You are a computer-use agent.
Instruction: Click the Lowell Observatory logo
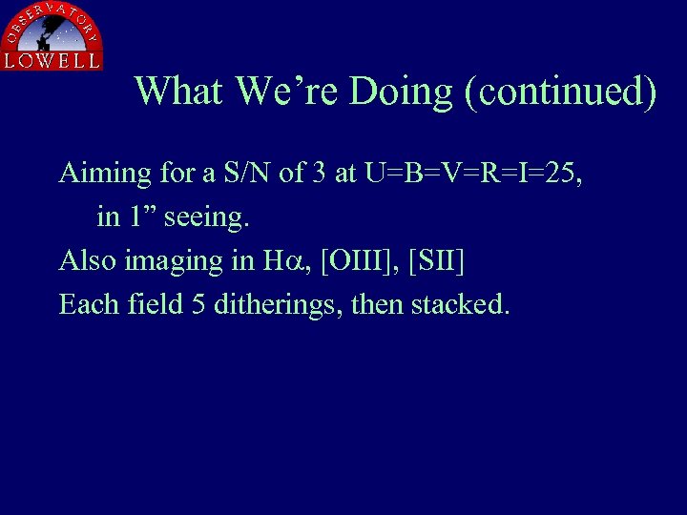52,35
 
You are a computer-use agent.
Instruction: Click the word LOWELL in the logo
52,60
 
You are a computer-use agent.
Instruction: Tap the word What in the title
178,92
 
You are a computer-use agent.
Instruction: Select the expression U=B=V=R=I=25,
468,173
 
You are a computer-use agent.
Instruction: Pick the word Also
88,260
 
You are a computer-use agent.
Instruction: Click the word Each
88,304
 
